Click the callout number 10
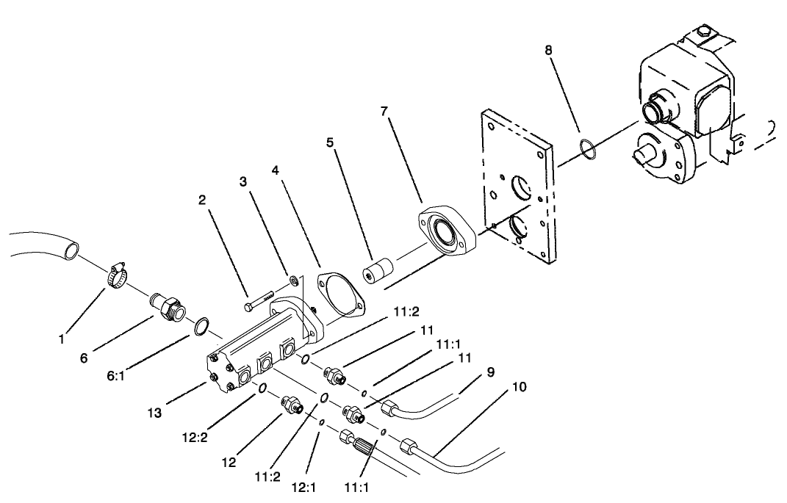tap(520, 387)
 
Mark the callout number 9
tap(489, 372)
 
